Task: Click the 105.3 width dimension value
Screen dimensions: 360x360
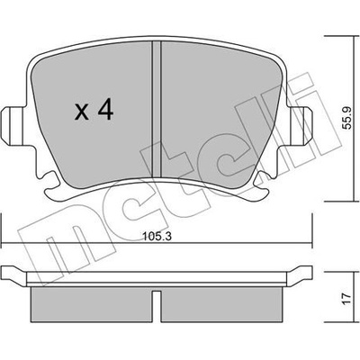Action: [157, 237]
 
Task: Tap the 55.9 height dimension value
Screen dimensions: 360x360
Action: [346, 119]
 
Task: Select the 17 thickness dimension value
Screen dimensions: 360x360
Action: [346, 298]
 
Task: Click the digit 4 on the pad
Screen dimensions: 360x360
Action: [106, 110]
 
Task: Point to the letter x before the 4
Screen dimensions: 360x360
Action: [82, 112]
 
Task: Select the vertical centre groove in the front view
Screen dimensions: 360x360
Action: [157, 109]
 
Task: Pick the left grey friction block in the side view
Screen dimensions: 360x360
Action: [92, 304]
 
